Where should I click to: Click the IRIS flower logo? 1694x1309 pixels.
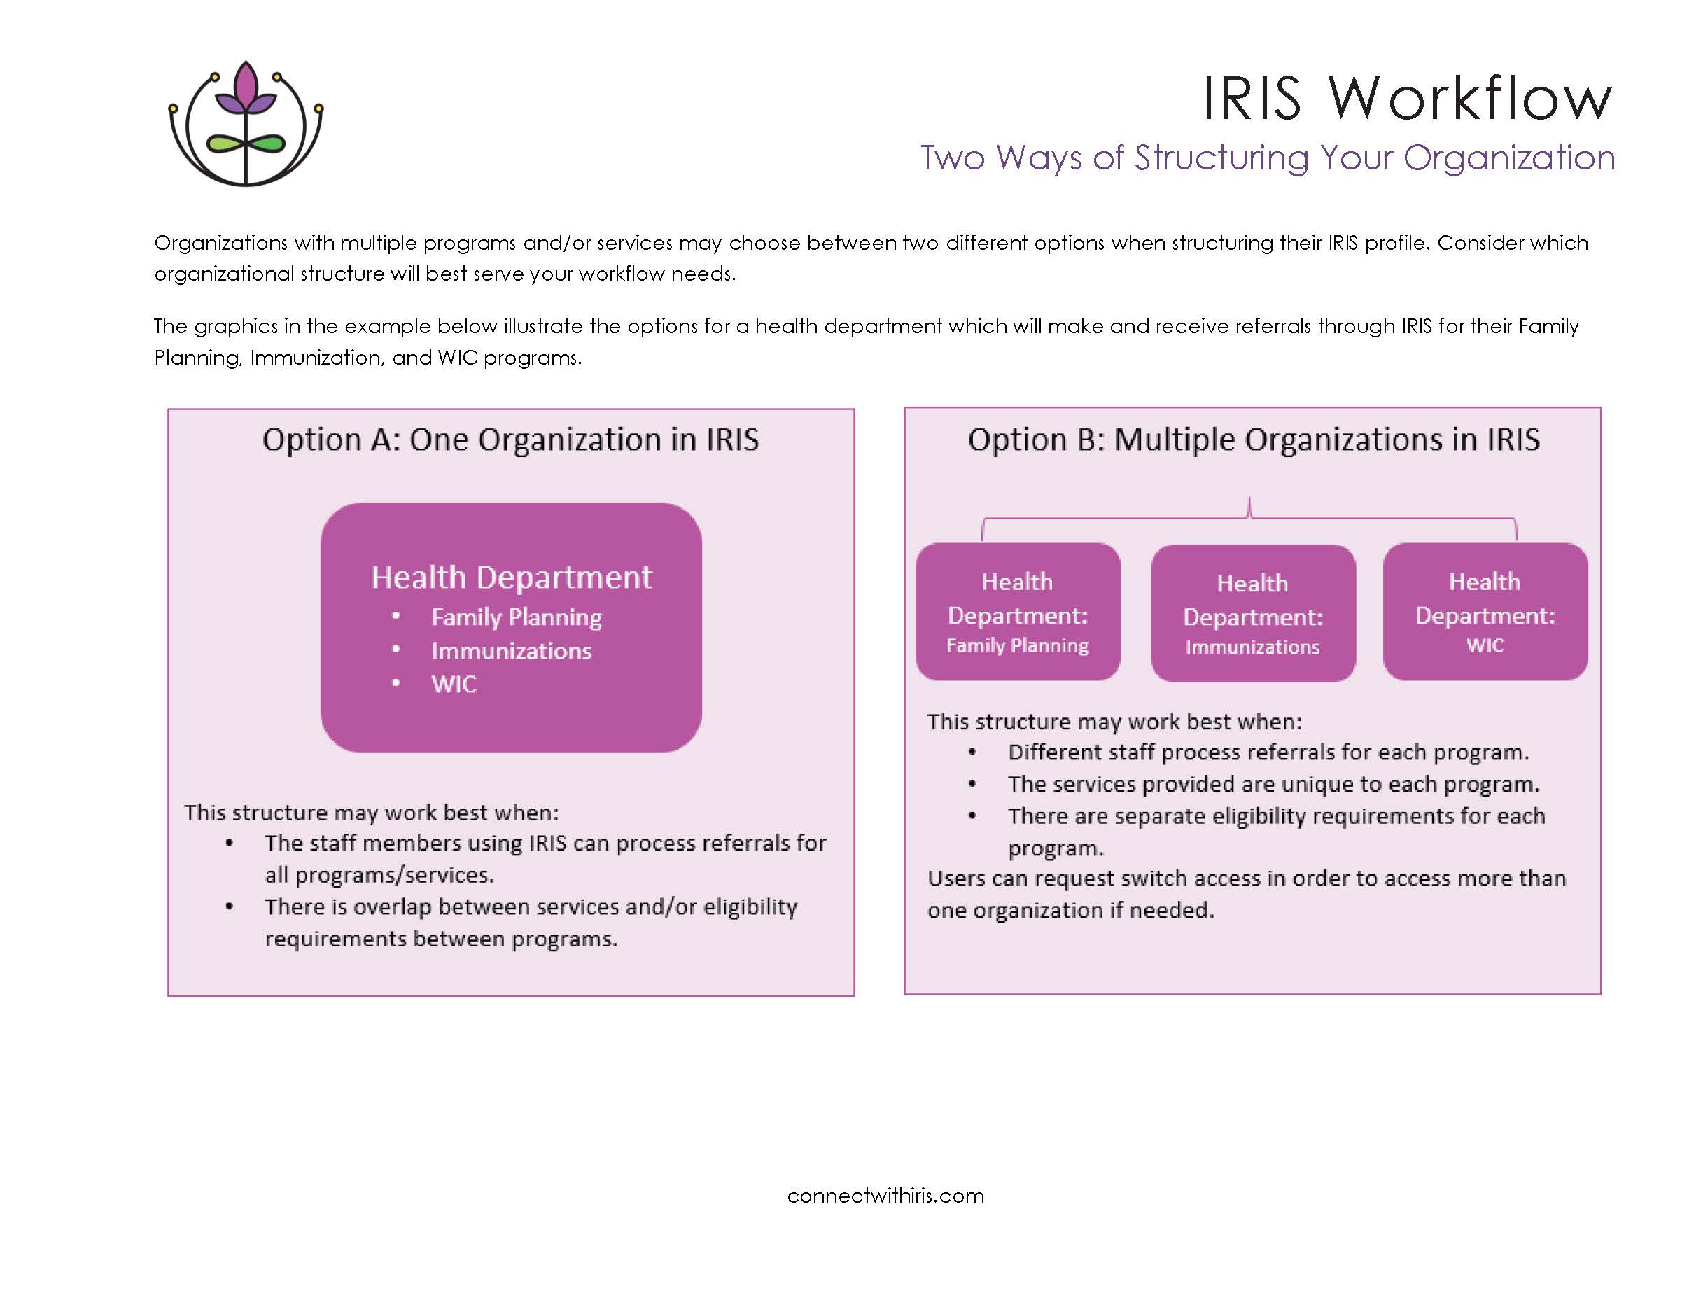pyautogui.click(x=245, y=124)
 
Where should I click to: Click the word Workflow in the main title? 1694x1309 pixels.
pyautogui.click(x=1470, y=99)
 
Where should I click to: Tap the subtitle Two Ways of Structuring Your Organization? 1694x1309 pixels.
pyautogui.click(x=1268, y=158)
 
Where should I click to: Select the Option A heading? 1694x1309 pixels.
pyautogui.click(x=510, y=440)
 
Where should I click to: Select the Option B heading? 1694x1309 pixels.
pyautogui.click(x=1253, y=440)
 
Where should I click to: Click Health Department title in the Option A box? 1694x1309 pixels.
pyautogui.click(x=511, y=577)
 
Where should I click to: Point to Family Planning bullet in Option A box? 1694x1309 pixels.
pyautogui.click(x=516, y=617)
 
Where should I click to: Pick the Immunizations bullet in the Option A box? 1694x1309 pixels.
pyautogui.click(x=511, y=650)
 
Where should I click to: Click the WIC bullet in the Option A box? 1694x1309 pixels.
pyautogui.click(x=454, y=684)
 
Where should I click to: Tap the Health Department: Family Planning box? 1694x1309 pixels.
pyautogui.click(x=1018, y=612)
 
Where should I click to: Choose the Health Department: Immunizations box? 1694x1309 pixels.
pyautogui.click(x=1253, y=613)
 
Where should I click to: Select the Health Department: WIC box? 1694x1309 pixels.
pyautogui.click(x=1485, y=612)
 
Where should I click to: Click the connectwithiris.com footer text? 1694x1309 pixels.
pyautogui.click(x=885, y=1195)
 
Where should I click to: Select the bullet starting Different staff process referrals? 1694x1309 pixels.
pyautogui.click(x=1268, y=752)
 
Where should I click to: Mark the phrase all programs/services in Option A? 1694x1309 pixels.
pyautogui.click(x=379, y=875)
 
